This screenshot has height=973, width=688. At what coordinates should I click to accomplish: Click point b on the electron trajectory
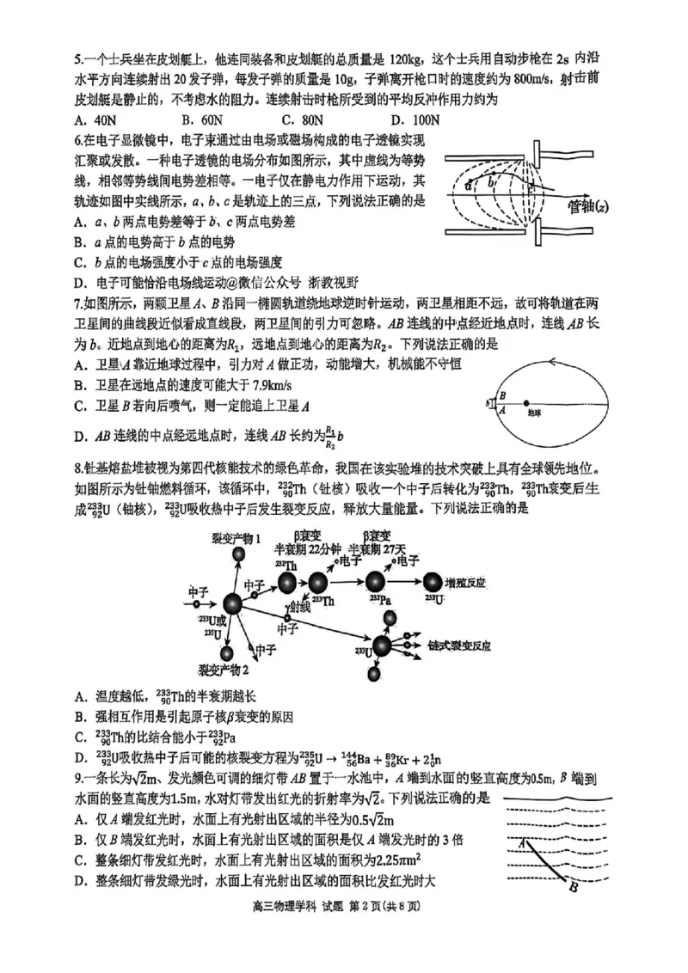coord(490,182)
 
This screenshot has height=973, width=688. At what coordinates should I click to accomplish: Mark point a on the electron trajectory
coord(469,185)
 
